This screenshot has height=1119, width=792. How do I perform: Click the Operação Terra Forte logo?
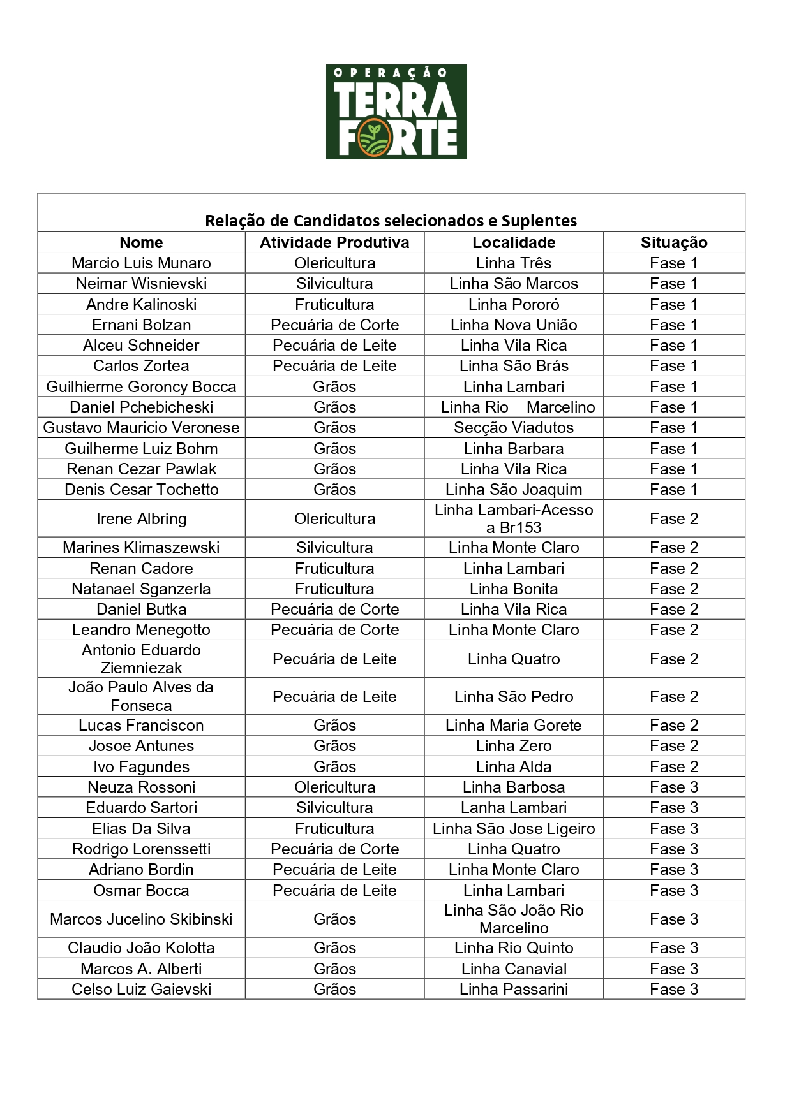point(396,112)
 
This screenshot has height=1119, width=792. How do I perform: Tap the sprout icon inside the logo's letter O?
point(373,136)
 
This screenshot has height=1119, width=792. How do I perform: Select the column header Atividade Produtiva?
point(334,242)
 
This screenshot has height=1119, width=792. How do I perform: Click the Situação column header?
point(674,242)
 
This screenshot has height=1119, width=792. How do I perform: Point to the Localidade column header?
point(514,242)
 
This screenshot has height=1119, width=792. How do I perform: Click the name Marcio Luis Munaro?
point(141,263)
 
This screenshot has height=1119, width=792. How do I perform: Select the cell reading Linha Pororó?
point(514,304)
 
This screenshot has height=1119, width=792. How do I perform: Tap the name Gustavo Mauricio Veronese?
point(141,428)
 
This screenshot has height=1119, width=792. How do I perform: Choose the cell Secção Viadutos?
point(514,428)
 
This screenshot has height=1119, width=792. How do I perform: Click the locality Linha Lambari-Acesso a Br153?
point(514,518)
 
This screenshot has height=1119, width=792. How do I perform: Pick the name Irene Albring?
point(141,519)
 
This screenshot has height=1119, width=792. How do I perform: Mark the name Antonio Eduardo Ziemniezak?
point(141,659)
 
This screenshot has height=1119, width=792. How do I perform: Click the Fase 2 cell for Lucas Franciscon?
point(674,726)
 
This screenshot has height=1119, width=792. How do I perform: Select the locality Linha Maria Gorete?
point(514,726)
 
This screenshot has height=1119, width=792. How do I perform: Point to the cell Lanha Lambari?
point(514,808)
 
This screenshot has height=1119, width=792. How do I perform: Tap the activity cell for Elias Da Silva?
point(334,829)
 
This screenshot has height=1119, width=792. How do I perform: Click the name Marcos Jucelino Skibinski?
point(141,919)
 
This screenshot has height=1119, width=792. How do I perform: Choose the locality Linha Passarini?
point(514,990)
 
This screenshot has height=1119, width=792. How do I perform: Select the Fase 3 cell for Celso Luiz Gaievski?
point(674,990)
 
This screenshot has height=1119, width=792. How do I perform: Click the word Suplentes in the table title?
point(539,221)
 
